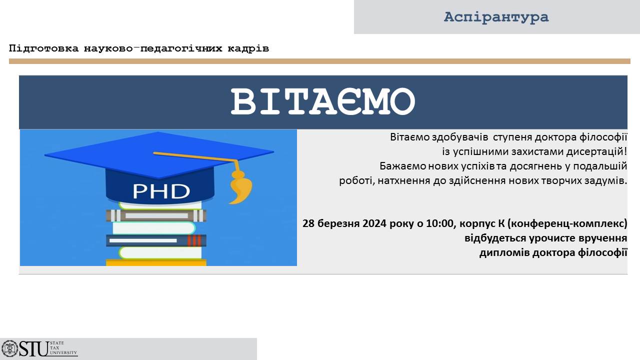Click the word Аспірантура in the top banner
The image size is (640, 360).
click(496, 17)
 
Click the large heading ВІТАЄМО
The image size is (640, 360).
click(323, 101)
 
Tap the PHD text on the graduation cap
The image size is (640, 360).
click(161, 191)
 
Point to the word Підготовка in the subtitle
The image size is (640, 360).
click(43, 48)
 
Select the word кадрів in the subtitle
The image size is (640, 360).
click(248, 48)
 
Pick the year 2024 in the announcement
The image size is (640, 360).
click(374, 223)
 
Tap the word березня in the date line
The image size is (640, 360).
click(338, 223)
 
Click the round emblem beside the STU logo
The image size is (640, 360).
click(9, 348)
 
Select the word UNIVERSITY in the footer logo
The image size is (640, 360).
click(63, 352)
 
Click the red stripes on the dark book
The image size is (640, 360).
click(194, 240)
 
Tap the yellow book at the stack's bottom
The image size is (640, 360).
click(156, 262)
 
